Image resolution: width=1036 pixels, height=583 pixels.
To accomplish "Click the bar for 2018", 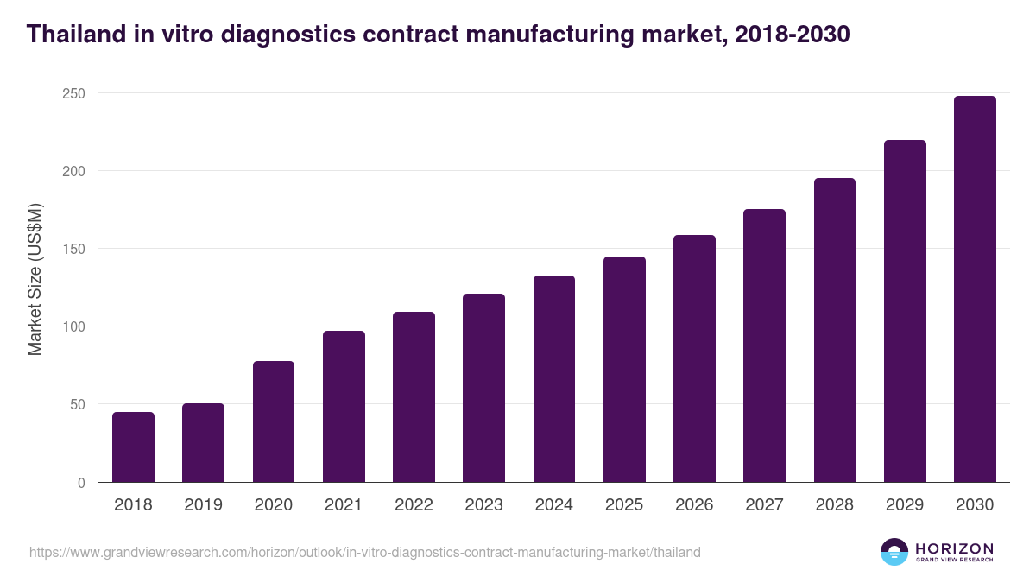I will point(133,447).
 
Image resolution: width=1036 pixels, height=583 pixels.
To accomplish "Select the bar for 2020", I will point(274,421).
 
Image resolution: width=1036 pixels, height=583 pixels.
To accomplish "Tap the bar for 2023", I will point(483,388).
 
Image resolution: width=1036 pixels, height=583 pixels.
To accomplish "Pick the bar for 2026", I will point(694,358).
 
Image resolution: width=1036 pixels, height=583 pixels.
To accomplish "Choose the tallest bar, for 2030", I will point(975,289).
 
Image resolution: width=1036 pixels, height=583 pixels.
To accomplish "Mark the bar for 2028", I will point(835,330).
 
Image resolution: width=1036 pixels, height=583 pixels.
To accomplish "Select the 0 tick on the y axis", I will point(81,483).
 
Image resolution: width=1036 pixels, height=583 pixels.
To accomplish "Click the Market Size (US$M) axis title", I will point(35,279).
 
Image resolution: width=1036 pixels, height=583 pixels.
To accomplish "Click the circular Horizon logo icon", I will point(894,552).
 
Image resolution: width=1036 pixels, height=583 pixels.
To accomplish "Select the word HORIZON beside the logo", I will point(954,548).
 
